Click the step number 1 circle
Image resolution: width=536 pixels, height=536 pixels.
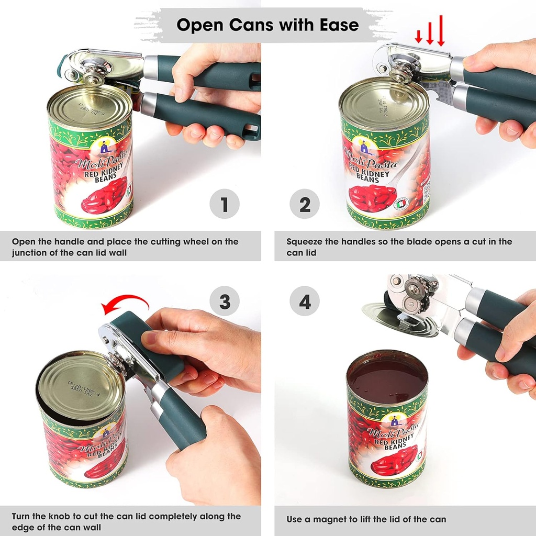tap(225, 204)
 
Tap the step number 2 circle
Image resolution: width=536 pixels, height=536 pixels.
tap(305, 204)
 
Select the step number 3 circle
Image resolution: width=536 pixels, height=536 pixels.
tap(225, 301)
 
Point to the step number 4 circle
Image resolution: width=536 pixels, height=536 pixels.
tap(305, 301)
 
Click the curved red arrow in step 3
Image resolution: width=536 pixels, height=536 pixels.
tap(126, 302)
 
